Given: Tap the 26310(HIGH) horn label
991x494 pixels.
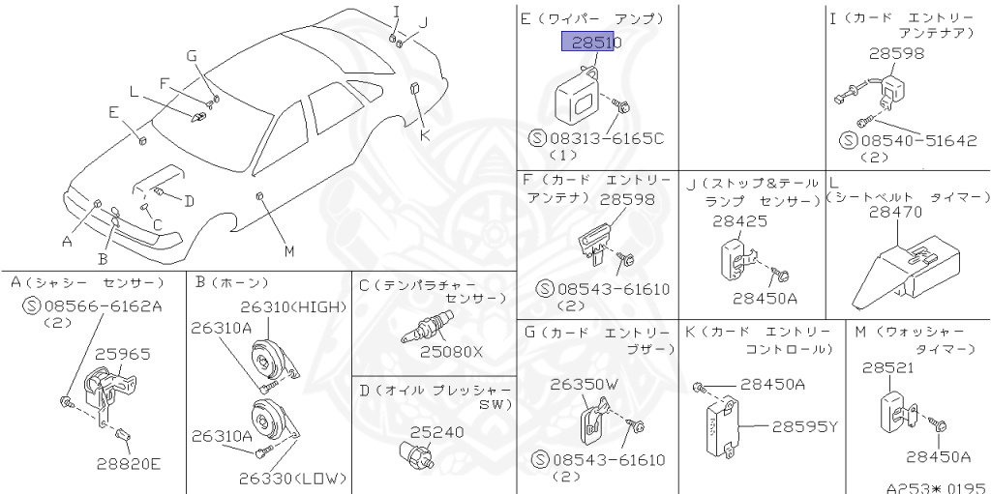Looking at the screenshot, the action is tap(292, 307).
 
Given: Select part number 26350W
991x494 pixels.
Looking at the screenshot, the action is tap(583, 384).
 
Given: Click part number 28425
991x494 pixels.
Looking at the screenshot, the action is tap(739, 220).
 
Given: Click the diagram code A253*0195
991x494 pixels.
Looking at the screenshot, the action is tap(934, 487).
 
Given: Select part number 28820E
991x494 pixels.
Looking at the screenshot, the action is tap(128, 463).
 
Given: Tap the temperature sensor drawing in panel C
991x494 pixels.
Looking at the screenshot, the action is tap(425, 328).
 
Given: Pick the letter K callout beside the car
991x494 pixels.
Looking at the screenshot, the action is tap(423, 135).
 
